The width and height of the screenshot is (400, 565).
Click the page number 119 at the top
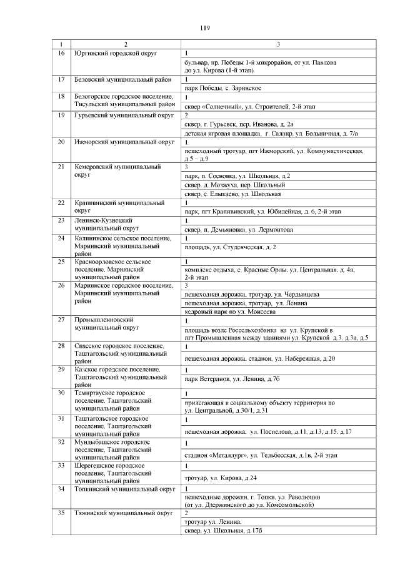(204, 28)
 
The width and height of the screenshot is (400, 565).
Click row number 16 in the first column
(61, 53)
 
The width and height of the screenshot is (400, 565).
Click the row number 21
(61, 167)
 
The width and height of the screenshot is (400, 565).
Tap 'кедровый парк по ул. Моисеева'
(229, 311)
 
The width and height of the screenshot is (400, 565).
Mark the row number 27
(61, 320)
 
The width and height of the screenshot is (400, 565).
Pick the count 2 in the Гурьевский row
(186, 115)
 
